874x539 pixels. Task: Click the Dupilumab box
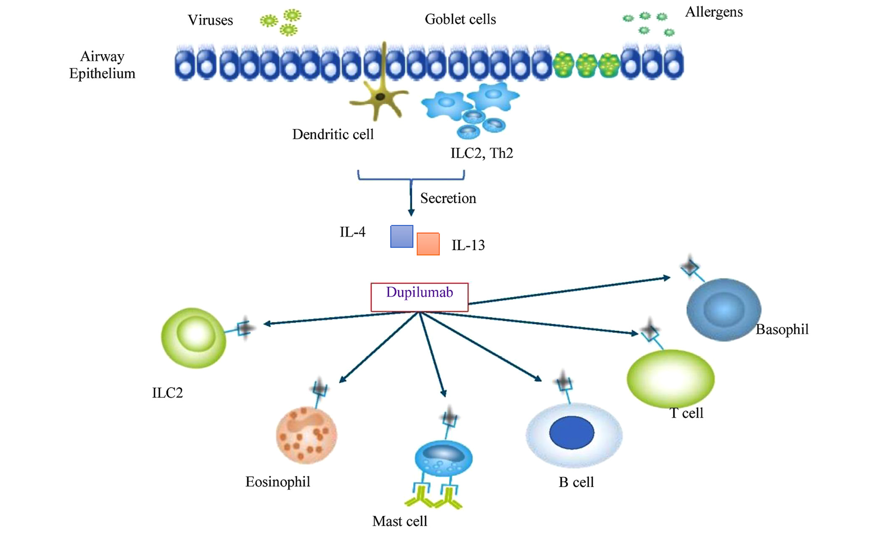pyautogui.click(x=419, y=297)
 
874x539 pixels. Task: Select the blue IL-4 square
pyautogui.click(x=401, y=236)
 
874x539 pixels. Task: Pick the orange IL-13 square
pyautogui.click(x=428, y=244)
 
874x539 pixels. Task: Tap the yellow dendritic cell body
pyautogui.click(x=380, y=98)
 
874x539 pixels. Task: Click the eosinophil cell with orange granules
pyautogui.click(x=306, y=435)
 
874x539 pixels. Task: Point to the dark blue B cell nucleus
pyautogui.click(x=571, y=433)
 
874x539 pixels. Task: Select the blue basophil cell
pyautogui.click(x=723, y=310)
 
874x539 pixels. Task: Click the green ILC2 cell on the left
pyautogui.click(x=194, y=338)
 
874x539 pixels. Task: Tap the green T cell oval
pyautogui.click(x=670, y=379)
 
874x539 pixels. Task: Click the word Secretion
pyautogui.click(x=448, y=198)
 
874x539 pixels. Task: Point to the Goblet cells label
pyautogui.click(x=460, y=19)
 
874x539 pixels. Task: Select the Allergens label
pyautogui.click(x=714, y=12)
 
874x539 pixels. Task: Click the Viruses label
pyautogui.click(x=210, y=20)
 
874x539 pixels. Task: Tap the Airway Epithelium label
pyautogui.click(x=102, y=65)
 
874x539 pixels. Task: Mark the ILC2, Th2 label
pyautogui.click(x=482, y=153)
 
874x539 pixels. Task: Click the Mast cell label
pyautogui.click(x=399, y=521)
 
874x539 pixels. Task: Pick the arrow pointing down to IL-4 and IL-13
pyautogui.click(x=411, y=198)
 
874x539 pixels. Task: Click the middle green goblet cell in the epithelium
pyautogui.click(x=586, y=66)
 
